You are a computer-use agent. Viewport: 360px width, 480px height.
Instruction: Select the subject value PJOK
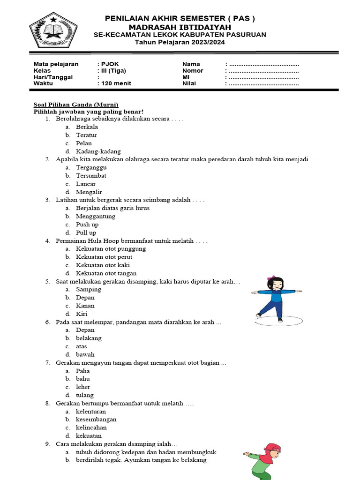[106, 64]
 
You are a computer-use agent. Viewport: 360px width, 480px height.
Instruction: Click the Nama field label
[191, 64]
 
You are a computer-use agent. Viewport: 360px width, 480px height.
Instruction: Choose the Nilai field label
[189, 84]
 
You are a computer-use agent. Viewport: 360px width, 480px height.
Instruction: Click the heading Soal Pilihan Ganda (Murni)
[76, 105]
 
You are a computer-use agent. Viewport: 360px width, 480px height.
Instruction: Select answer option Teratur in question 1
[87, 135]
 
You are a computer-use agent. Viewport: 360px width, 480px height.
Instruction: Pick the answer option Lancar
[86, 184]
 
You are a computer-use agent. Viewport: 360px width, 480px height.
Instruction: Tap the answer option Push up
[87, 225]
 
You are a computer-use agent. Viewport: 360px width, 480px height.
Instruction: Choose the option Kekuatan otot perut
[104, 257]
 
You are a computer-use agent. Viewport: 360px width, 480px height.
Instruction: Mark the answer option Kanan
[85, 306]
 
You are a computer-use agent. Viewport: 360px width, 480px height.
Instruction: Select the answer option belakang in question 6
[89, 338]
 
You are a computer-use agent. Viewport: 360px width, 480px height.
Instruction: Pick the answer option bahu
[83, 379]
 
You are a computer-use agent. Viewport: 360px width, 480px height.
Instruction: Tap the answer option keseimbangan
[96, 420]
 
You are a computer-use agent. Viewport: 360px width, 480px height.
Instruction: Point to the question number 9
[48, 444]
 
